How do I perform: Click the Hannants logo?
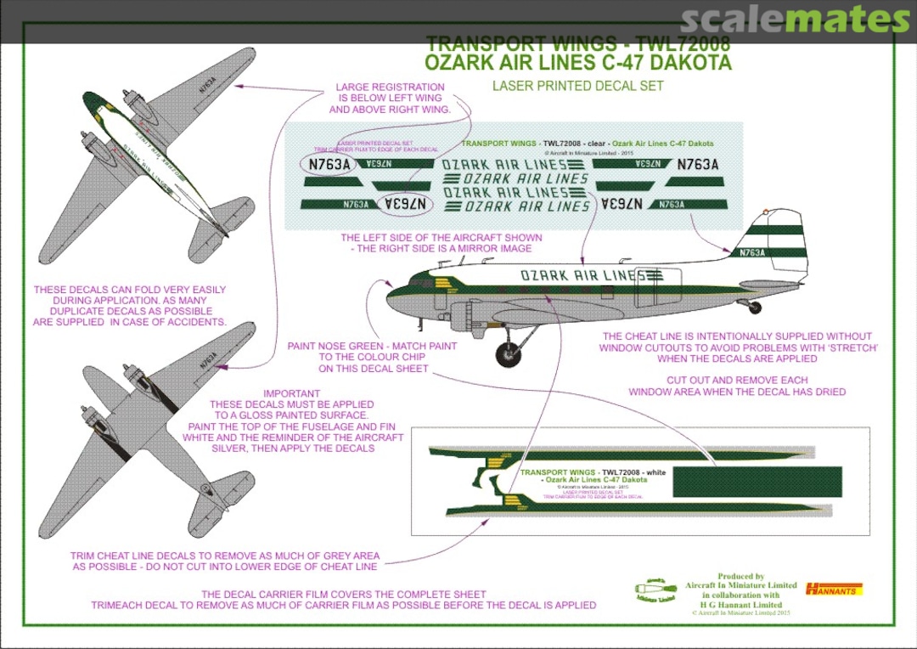pos(832,588)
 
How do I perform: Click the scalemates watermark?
pos(795,20)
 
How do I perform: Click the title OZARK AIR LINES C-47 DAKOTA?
pos(577,63)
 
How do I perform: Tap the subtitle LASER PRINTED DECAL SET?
pos(577,85)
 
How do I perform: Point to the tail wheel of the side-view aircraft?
pos(754,308)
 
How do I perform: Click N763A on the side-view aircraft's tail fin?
pos(752,252)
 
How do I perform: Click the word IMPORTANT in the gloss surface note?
pos(291,394)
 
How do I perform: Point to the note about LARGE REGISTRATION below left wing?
pos(390,99)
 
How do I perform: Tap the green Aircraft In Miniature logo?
pos(654,590)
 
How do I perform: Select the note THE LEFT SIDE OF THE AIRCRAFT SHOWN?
pos(441,243)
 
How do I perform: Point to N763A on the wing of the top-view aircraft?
pos(205,82)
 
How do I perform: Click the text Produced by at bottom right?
pos(740,576)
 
